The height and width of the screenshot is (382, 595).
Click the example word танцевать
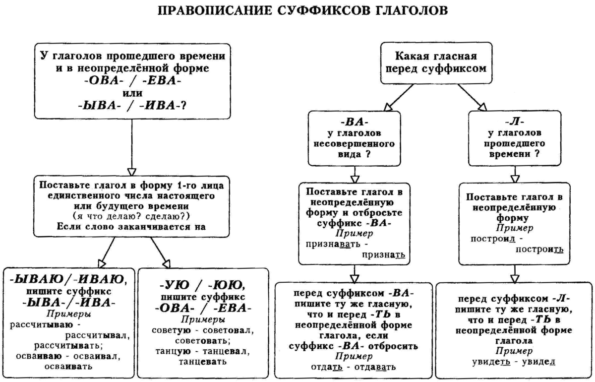coord(201,362)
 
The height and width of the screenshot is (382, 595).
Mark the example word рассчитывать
coord(68,345)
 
